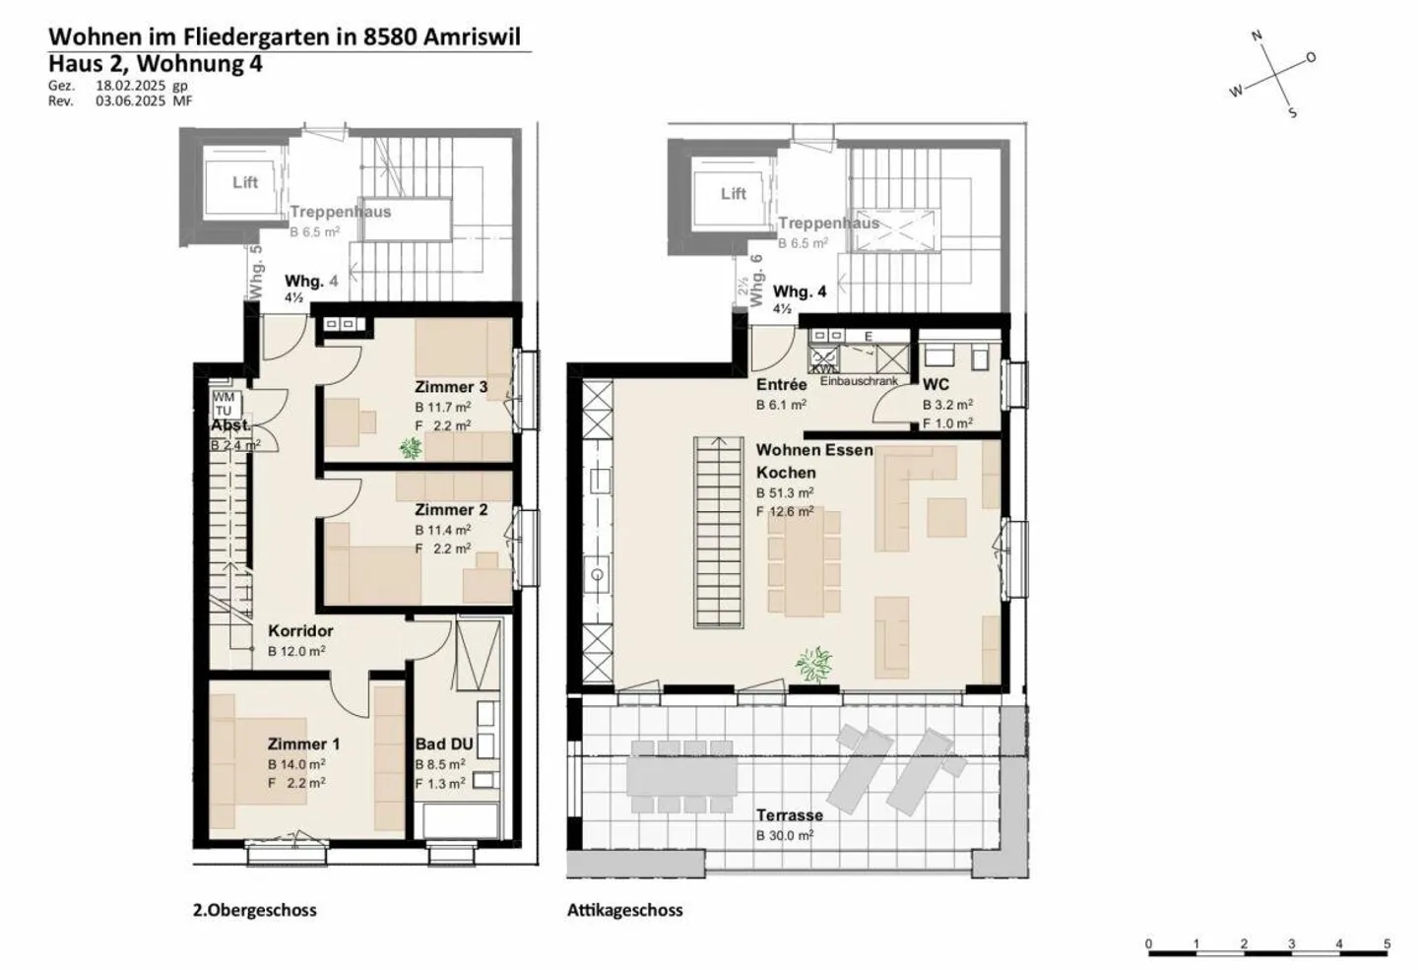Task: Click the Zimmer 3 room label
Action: coord(450,387)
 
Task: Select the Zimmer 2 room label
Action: coord(450,510)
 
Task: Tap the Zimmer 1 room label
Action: coord(303,744)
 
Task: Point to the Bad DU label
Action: coord(444,744)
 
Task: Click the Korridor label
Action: coord(300,631)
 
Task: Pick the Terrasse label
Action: coord(789,815)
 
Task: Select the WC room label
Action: coord(935,385)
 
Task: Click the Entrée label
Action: coord(781,385)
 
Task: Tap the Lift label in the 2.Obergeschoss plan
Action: coord(245,182)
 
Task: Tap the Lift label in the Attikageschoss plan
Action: coord(734,194)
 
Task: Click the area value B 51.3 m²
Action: coord(785,493)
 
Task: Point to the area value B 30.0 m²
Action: coord(785,836)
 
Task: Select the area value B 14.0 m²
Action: coord(296,764)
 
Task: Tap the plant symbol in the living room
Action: coord(813,664)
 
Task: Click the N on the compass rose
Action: coord(1257,36)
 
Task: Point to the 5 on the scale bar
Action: coord(1386,944)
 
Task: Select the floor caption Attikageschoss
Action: coord(624,911)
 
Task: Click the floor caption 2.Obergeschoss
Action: coord(254,911)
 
